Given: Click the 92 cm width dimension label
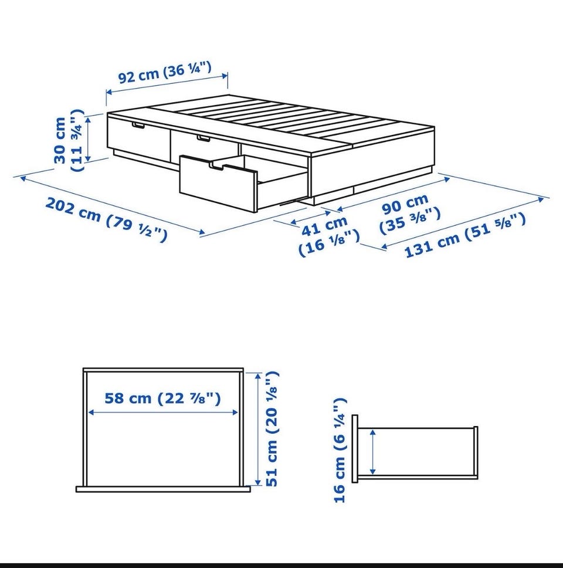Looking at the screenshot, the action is (165, 72).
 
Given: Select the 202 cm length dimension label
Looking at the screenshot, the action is (107, 219).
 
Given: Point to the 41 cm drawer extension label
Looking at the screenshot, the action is (329, 235).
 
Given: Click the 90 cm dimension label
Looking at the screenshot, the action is (410, 214).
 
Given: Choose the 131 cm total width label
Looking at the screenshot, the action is (465, 235).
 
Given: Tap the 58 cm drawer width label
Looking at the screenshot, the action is (162, 398).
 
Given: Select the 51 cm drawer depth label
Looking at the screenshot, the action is (272, 428).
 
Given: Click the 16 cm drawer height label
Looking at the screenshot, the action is (340, 450).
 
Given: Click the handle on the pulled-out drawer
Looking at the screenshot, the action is (216, 166).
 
